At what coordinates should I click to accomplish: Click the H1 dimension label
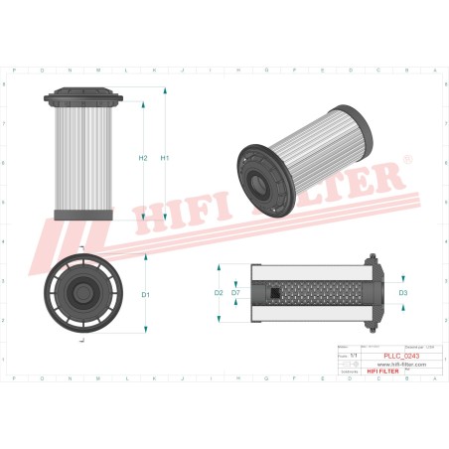coord(165,158)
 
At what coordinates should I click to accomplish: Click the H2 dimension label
coord(143,158)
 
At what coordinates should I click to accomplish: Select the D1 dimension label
coord(145,294)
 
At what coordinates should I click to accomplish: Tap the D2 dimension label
coord(219,293)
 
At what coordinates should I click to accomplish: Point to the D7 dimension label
coord(235,293)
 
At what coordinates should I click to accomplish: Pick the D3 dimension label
coord(402,293)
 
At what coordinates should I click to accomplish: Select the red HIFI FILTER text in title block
coord(383,372)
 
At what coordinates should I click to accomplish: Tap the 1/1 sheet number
coord(345,355)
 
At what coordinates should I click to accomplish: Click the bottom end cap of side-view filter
coord(83,217)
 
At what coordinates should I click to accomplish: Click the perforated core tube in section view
coord(318,293)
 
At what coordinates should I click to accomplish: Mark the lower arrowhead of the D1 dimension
coord(146,332)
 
